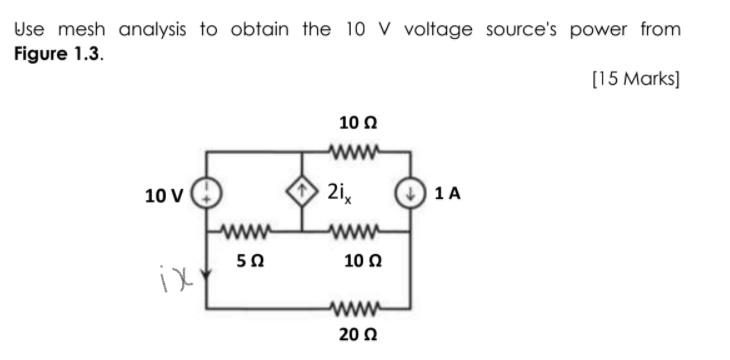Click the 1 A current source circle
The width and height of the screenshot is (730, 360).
pyautogui.click(x=409, y=193)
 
